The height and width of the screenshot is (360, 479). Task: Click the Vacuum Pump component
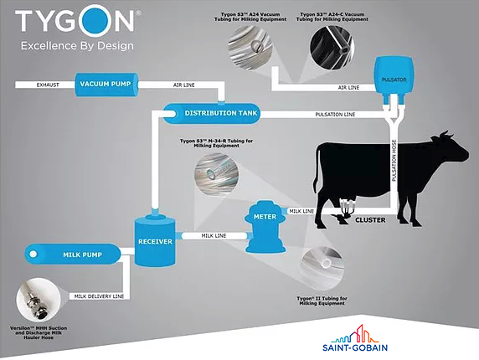tap(106, 85)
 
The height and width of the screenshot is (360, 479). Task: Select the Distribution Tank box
tap(212, 113)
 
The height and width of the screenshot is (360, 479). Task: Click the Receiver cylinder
tap(155, 240)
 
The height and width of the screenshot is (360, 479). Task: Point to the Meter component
tap(265, 227)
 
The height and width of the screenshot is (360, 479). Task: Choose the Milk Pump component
tap(73, 254)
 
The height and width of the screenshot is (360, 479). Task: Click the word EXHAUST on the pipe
tap(48, 85)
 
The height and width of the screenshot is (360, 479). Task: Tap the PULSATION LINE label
tap(335, 115)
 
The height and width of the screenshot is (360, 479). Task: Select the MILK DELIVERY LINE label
tap(99, 296)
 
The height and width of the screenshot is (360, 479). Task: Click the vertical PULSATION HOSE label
tap(394, 160)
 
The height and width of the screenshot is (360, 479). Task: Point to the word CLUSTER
tap(370, 220)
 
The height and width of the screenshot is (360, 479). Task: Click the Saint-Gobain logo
tap(355, 338)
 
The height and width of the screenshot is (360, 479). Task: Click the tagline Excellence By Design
tap(77, 46)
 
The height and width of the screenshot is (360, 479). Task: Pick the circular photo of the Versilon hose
tap(39, 300)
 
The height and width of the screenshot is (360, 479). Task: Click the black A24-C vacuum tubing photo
tap(332, 47)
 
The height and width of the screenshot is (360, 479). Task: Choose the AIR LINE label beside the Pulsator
tap(348, 88)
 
